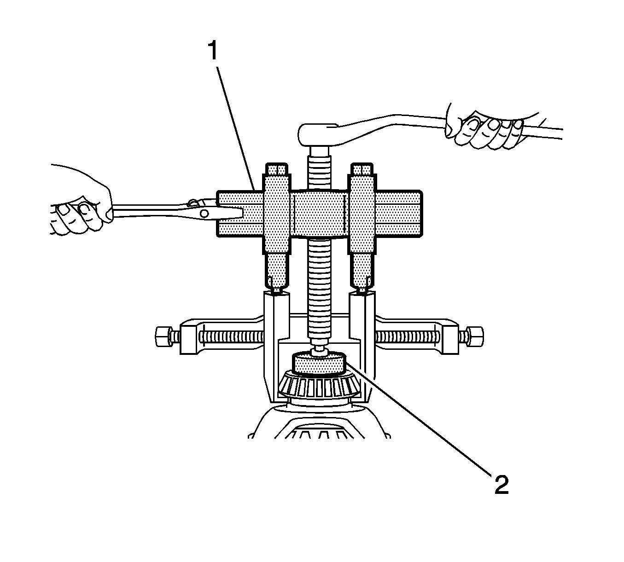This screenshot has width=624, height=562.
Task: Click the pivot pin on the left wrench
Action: tap(204, 212)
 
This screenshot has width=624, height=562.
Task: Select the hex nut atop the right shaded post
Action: tap(362, 169)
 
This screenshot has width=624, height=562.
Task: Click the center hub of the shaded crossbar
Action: tap(319, 213)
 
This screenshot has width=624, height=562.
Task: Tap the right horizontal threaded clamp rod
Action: tap(408, 337)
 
